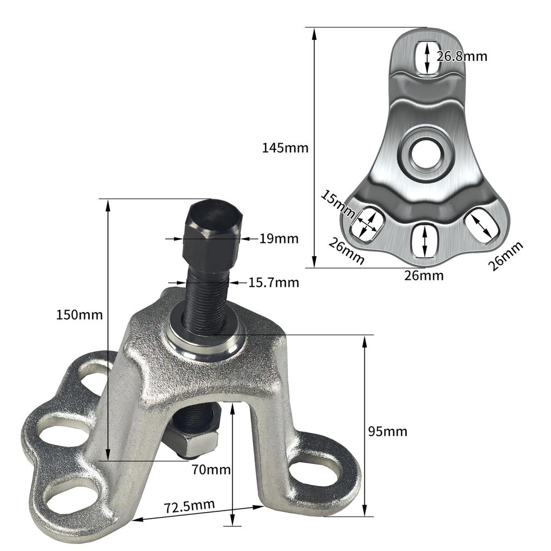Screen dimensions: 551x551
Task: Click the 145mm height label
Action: (285, 147)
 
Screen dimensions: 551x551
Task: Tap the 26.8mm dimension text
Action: (462, 56)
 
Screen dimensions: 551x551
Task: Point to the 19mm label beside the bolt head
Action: (278, 238)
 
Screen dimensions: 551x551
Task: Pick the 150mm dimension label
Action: (79, 314)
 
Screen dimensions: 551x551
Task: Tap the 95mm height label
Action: (387, 431)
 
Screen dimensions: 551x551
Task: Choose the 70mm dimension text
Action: (211, 470)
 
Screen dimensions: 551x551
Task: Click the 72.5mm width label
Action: (189, 506)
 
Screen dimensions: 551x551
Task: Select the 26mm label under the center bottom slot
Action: (424, 275)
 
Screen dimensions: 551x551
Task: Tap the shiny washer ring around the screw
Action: (203, 340)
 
